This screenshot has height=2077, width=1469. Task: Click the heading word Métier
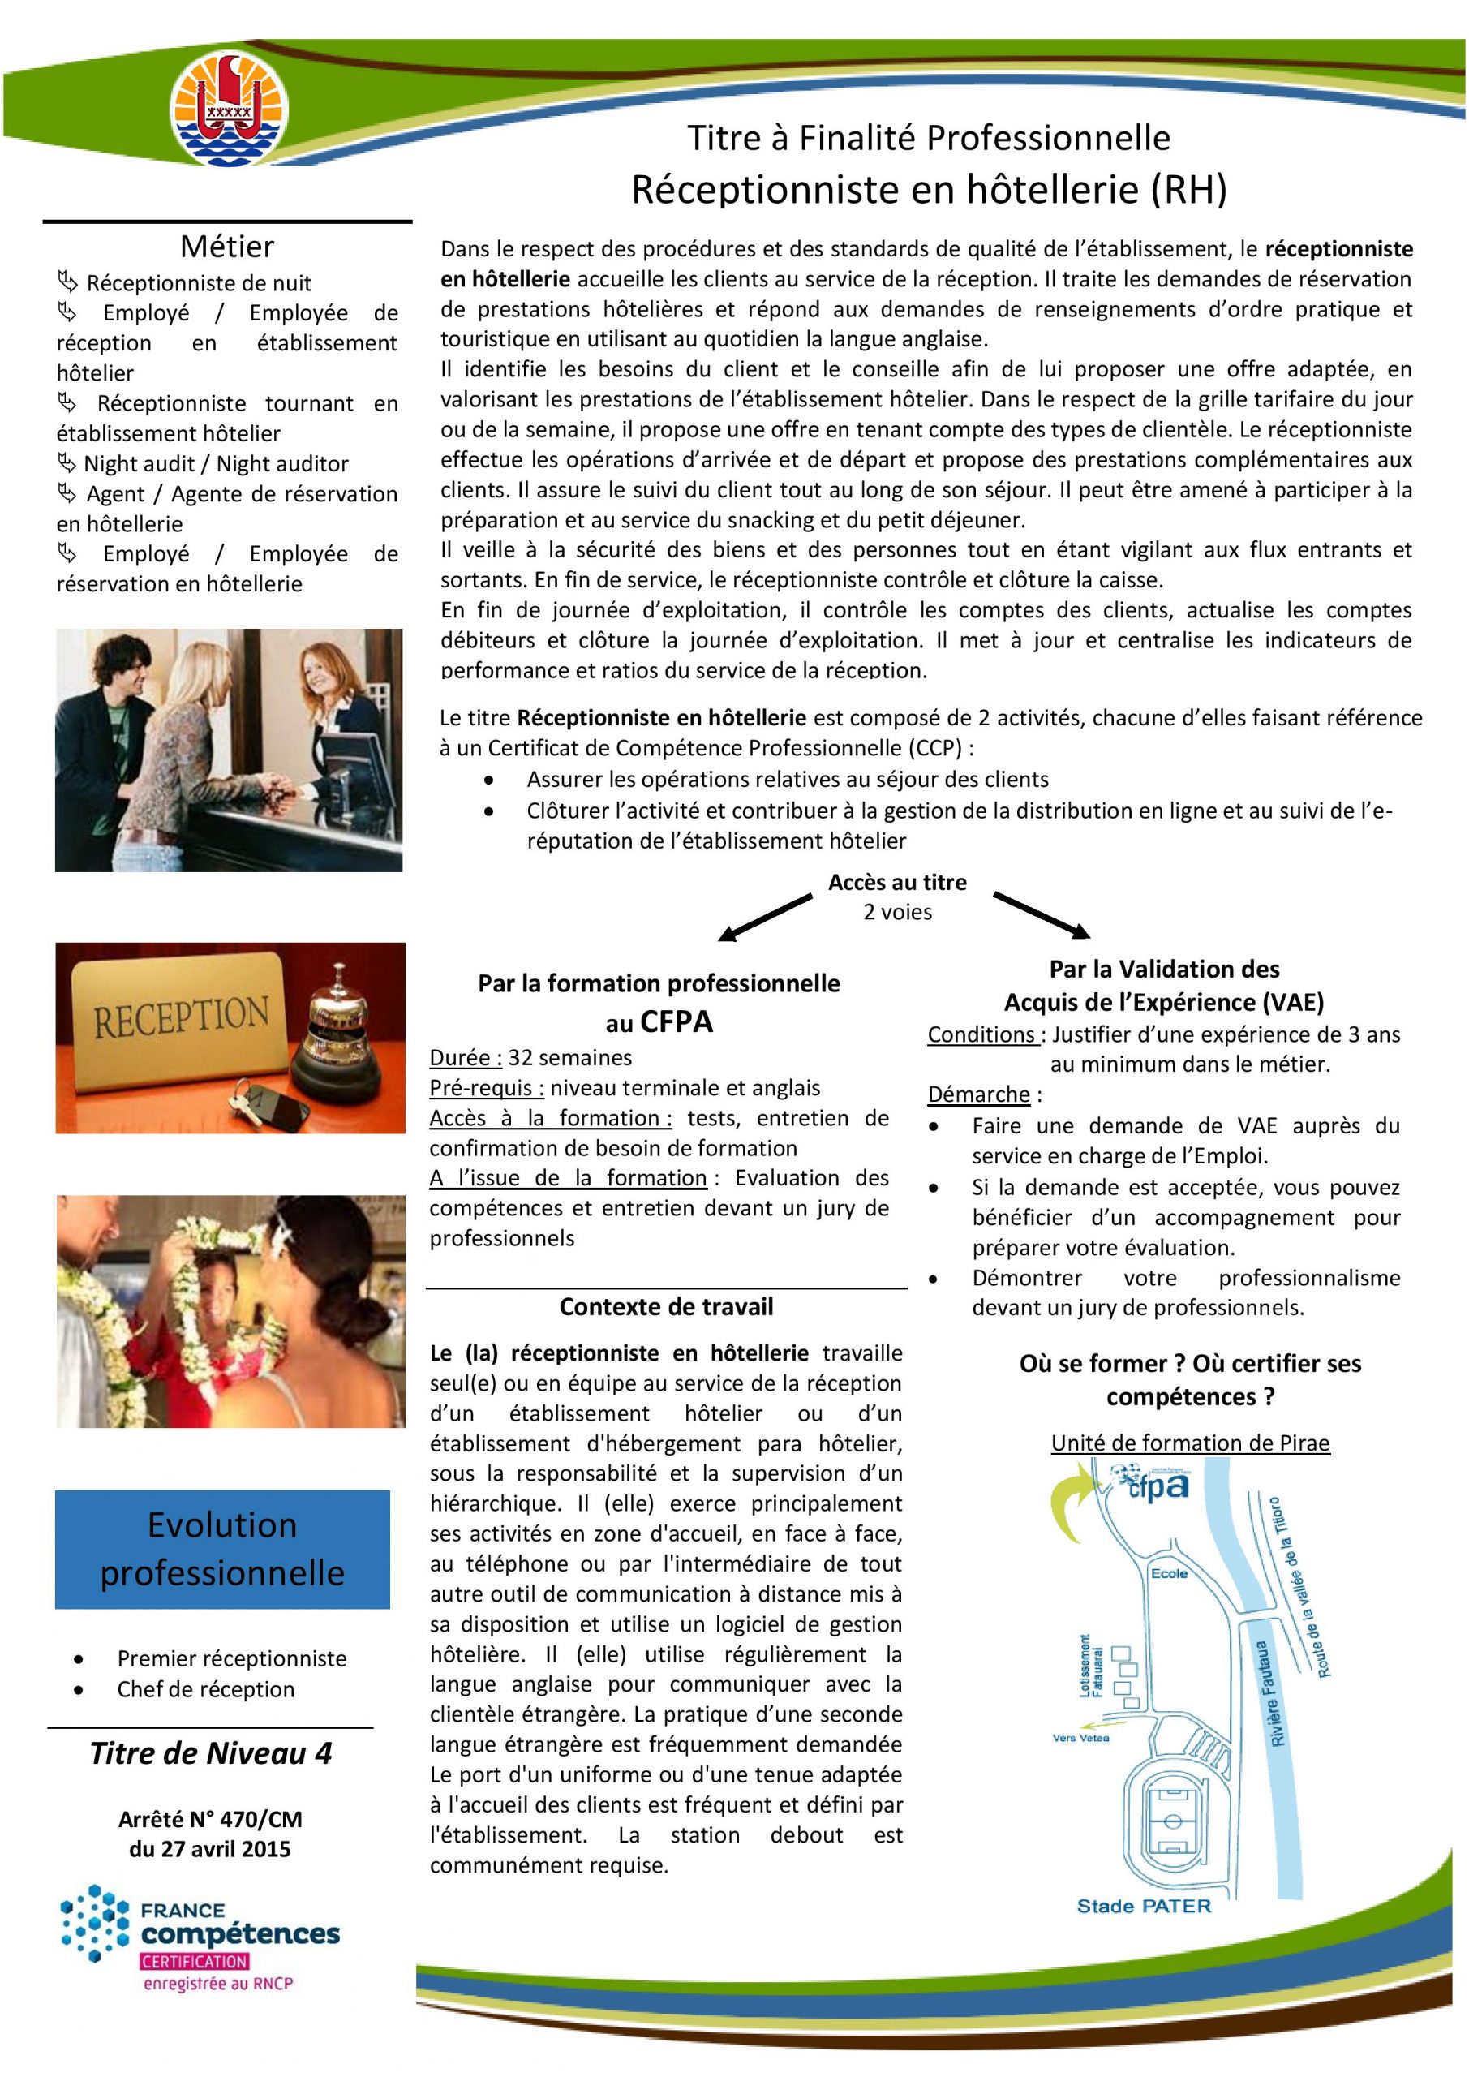point(226,246)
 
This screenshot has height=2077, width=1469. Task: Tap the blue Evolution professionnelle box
point(222,1549)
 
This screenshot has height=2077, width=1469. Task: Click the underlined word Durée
point(465,1057)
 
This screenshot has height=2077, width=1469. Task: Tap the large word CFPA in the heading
point(677,1022)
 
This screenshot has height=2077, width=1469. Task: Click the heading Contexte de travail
point(666,1306)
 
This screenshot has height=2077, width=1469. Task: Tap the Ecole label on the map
point(1169,1573)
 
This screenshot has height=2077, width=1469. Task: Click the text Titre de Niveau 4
point(211,1753)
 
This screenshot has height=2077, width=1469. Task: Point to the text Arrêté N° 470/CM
point(210,1819)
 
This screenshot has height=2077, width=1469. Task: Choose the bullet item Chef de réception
point(205,1689)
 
